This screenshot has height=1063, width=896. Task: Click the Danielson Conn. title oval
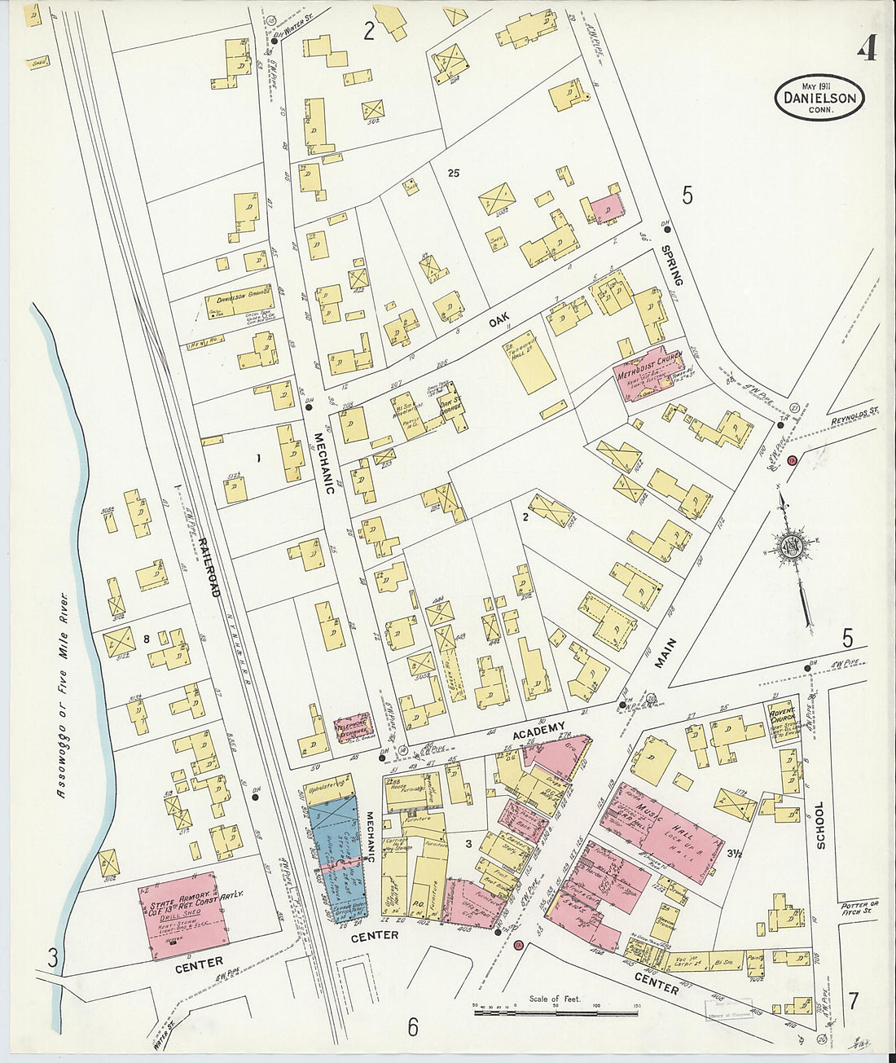click(819, 98)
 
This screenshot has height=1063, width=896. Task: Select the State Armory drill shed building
click(182, 916)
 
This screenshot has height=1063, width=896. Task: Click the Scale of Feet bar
click(556, 1012)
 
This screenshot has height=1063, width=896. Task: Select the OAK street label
click(499, 323)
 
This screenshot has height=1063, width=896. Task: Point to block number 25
click(454, 173)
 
